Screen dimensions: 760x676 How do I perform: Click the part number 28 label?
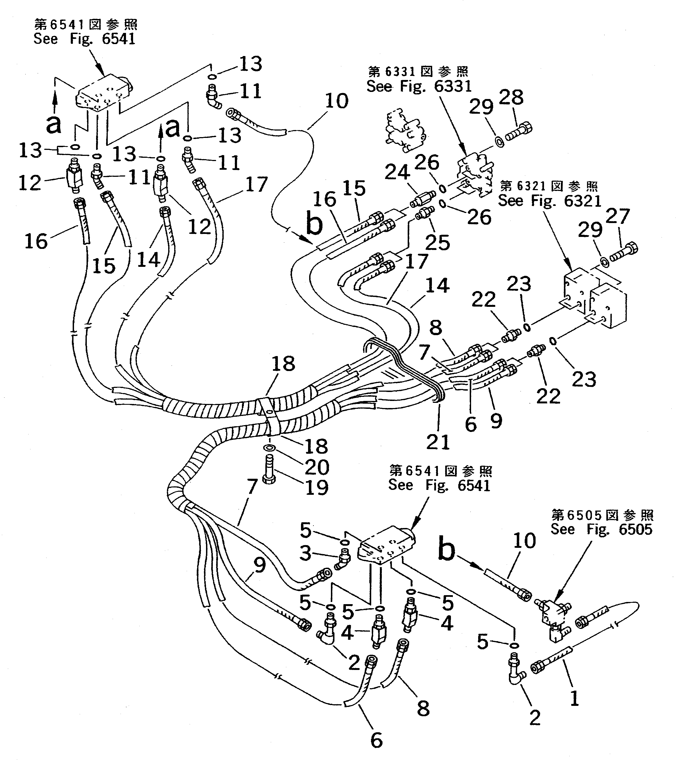click(x=512, y=97)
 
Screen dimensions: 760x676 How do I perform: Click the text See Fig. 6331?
click(x=419, y=86)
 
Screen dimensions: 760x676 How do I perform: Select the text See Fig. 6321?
click(x=549, y=201)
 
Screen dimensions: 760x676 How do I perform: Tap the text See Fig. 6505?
click(x=601, y=529)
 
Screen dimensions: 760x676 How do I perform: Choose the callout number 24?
click(x=397, y=172)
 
